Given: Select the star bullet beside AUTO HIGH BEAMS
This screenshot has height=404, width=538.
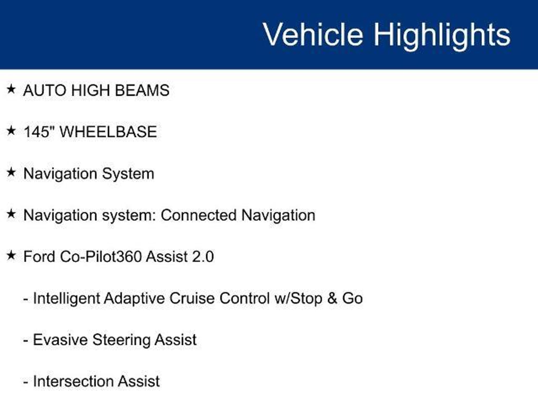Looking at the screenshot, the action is pos(11,89).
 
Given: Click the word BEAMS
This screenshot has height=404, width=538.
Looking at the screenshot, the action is pos(142,90).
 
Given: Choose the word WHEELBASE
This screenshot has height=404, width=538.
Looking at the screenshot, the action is pos(108,132).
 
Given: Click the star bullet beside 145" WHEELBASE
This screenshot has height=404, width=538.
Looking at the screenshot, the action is pos(11,131).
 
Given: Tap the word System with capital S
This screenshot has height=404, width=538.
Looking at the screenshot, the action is pos(128,174).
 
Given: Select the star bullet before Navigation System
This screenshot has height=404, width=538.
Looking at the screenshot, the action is pos(11,172).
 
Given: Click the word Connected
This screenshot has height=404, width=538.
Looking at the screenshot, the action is pos(199,215).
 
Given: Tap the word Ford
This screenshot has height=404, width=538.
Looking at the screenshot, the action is pos(39,256).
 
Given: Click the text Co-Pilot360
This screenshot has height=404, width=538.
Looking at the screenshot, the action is pos(101,256).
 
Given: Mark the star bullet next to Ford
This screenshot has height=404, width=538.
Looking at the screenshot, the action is pos(11,255).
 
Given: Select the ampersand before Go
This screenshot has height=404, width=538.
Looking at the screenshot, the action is pos(332,299).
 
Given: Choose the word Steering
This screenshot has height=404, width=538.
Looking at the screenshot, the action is pos(121,340).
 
